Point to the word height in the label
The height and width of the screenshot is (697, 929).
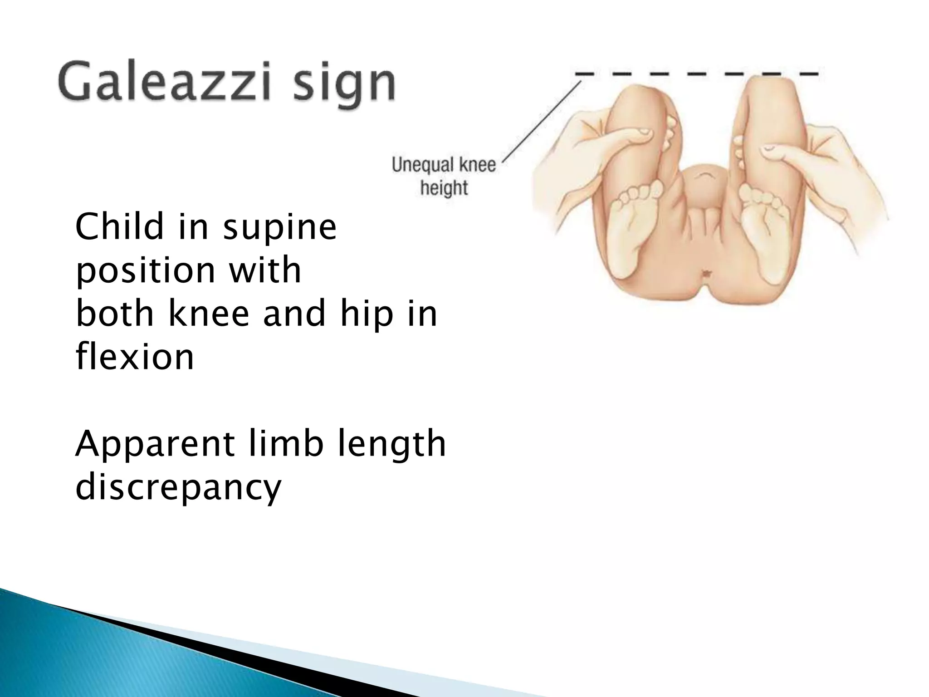(444, 187)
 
